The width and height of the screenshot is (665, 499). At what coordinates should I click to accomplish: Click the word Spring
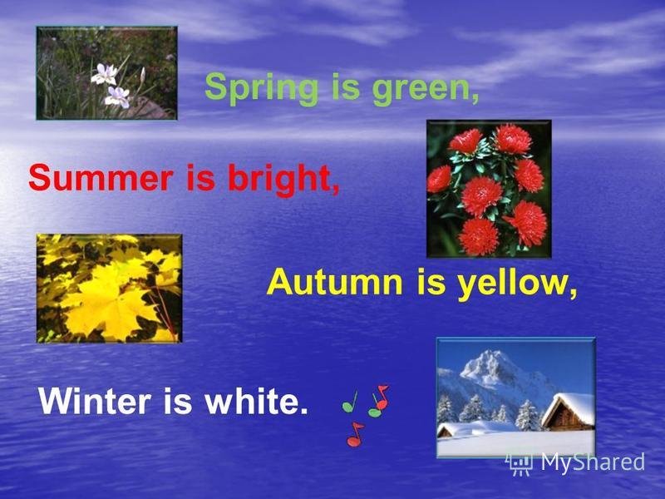pyautogui.click(x=261, y=89)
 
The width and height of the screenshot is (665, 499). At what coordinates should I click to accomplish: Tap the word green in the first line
pyautogui.click(x=426, y=89)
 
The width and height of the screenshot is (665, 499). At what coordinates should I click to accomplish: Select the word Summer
pyautogui.click(x=101, y=178)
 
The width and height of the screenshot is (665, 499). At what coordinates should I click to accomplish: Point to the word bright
pyautogui.click(x=283, y=179)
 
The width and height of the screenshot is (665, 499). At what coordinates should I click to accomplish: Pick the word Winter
pyautogui.click(x=95, y=401)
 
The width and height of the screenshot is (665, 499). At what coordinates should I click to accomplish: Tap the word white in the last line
pyautogui.click(x=257, y=401)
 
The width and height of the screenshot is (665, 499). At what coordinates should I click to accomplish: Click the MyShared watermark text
pyautogui.click(x=593, y=462)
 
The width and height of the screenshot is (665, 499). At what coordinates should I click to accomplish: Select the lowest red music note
pyautogui.click(x=355, y=435)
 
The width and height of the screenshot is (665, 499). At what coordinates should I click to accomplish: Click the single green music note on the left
pyautogui.click(x=350, y=403)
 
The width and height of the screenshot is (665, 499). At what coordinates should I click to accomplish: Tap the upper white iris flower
pyautogui.click(x=104, y=74)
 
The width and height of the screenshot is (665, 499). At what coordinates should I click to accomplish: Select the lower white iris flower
pyautogui.click(x=117, y=96)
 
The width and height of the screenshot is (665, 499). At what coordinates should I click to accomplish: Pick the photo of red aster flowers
pyautogui.click(x=489, y=189)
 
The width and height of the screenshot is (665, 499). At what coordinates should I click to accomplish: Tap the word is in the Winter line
pyautogui.click(x=178, y=401)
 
